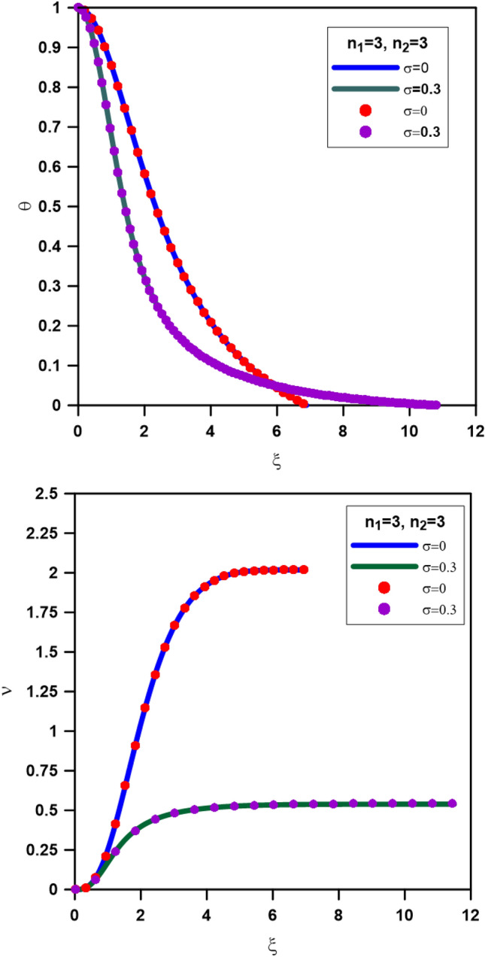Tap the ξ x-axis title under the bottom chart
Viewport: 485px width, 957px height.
272,941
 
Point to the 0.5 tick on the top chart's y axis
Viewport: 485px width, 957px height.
53,206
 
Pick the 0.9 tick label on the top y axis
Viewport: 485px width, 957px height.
53,47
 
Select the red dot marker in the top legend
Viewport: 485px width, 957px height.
365,111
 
